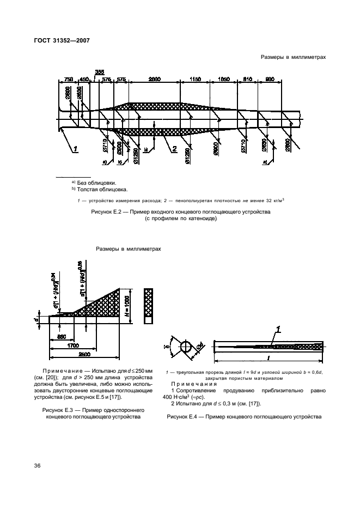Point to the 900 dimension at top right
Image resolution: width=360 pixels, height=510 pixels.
pyautogui.click(x=270, y=79)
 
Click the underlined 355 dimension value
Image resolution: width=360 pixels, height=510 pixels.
pyautogui.click(x=99, y=72)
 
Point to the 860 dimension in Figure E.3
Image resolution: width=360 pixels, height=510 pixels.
pyautogui.click(x=62, y=336)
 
